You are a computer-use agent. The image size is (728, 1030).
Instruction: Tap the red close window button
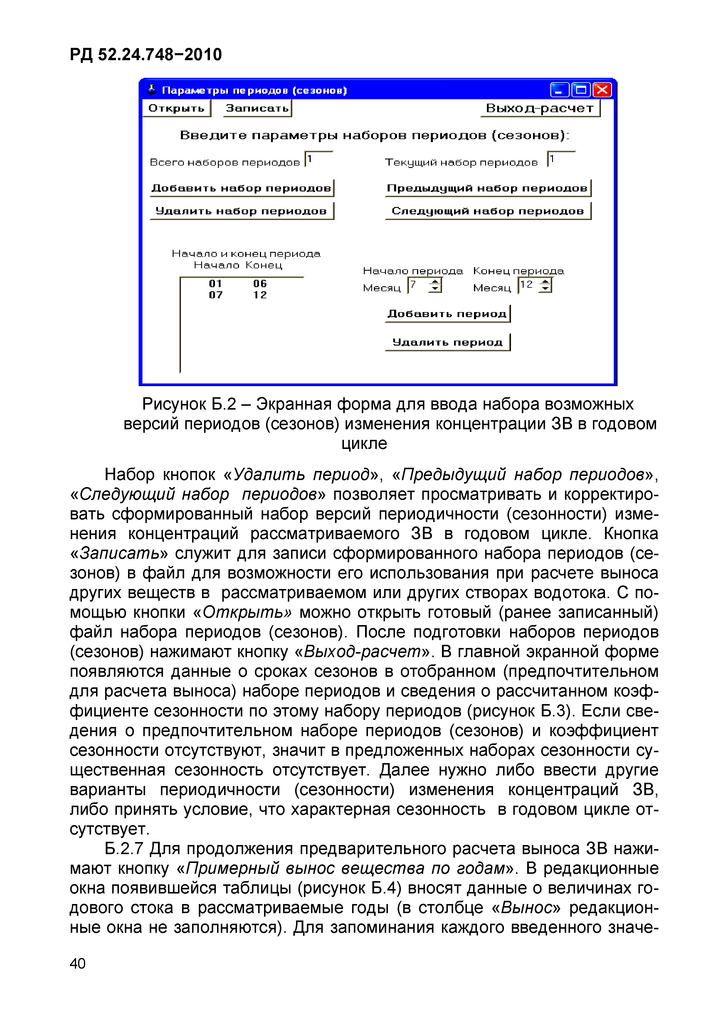(x=602, y=90)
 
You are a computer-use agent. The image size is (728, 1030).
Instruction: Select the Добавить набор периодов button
(x=241, y=188)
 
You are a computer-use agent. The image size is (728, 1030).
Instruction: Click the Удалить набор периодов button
(x=241, y=211)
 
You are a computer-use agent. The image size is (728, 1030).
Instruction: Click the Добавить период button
(x=447, y=314)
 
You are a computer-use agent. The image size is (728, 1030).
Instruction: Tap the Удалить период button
(x=447, y=342)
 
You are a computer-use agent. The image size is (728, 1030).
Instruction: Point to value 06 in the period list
(x=260, y=284)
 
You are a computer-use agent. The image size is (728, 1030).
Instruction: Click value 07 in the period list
(x=216, y=295)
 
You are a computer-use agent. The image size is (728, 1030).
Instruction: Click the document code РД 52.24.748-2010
(x=146, y=55)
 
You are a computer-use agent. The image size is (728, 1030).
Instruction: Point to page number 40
(x=78, y=963)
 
